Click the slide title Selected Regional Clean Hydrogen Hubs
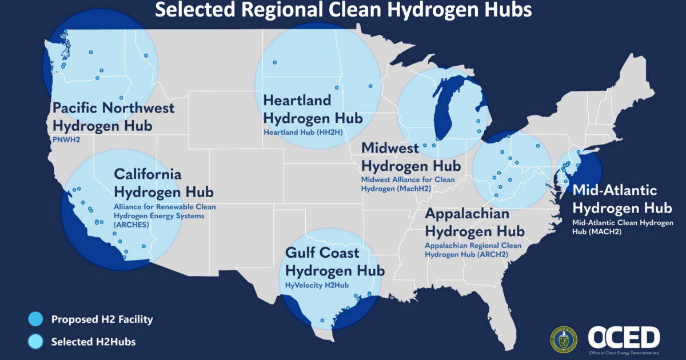click(343, 10)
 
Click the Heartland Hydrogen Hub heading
click(312, 109)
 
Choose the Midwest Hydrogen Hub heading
click(410, 157)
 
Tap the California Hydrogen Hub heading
click(163, 182)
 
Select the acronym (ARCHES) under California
click(131, 225)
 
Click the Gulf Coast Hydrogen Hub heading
click(334, 261)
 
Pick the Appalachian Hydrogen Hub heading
click(474, 223)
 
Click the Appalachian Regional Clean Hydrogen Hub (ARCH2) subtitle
click(473, 250)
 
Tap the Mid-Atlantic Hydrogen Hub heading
click(621, 198)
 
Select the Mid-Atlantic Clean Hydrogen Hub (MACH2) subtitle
click(623, 227)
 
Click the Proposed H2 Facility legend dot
click(35, 319)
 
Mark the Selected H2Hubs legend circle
click(35, 342)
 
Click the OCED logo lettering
click(624, 337)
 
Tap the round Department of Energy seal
click(564, 340)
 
